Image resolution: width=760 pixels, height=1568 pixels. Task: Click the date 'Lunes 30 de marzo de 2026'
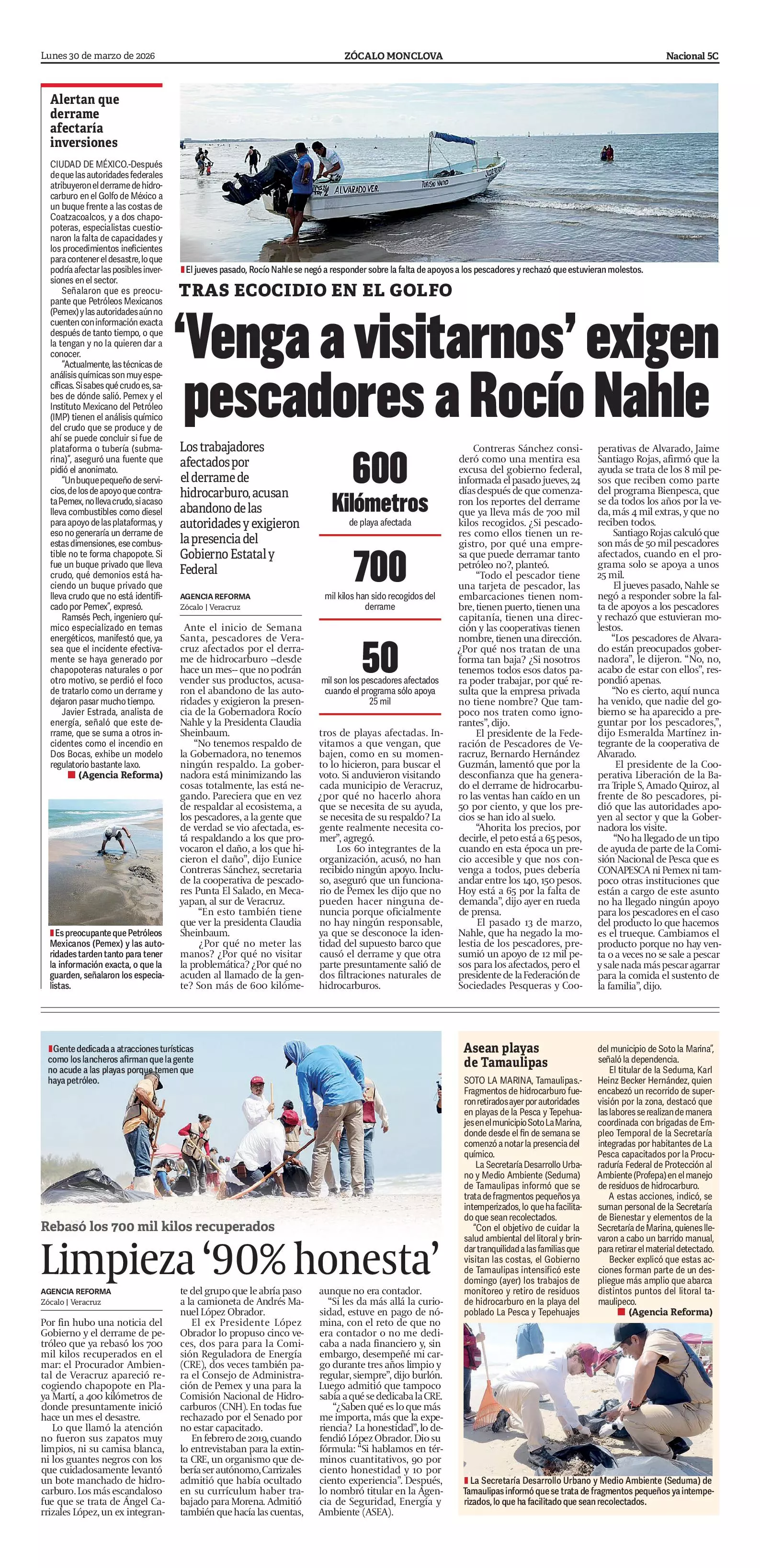[x=97, y=56]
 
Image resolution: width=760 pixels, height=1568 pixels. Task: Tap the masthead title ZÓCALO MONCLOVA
[x=393, y=56]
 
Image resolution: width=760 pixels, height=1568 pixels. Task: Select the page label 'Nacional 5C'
[x=692, y=56]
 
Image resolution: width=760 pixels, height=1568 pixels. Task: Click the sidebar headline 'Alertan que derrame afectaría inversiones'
[x=85, y=121]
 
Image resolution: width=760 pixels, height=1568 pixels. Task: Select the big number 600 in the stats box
[x=380, y=468]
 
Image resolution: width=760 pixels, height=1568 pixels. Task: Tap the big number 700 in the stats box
[x=380, y=566]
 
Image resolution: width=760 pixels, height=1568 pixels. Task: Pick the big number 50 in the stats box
[x=380, y=657]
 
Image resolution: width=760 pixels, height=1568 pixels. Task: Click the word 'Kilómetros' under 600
[x=380, y=504]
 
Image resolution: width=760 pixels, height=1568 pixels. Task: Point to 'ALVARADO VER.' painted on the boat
[x=356, y=190]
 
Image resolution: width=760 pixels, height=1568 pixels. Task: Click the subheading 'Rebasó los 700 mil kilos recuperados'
[x=158, y=1226]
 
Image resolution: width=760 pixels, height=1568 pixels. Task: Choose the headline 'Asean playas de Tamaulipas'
[x=505, y=1055]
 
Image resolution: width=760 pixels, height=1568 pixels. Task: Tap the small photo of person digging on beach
[x=105, y=862]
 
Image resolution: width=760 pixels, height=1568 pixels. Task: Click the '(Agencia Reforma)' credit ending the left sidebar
[x=120, y=775]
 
